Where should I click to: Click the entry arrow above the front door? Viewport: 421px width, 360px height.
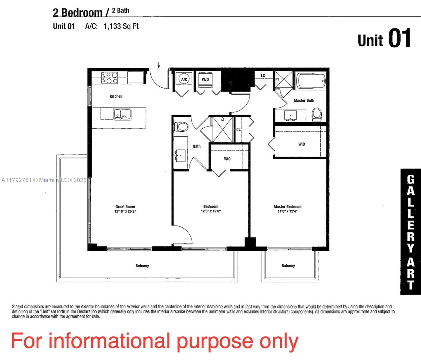[x=159, y=65]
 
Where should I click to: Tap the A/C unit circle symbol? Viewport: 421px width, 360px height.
[x=184, y=79]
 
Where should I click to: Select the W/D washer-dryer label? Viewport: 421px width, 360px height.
[x=205, y=79]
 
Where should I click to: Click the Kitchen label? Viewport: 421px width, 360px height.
[x=116, y=96]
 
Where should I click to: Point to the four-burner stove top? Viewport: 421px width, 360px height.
[x=110, y=78]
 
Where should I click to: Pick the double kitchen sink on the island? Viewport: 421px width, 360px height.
[x=122, y=114]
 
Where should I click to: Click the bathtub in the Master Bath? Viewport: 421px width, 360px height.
[x=311, y=81]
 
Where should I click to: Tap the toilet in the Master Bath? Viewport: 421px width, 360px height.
[x=317, y=115]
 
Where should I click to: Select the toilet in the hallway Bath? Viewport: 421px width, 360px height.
[x=181, y=127]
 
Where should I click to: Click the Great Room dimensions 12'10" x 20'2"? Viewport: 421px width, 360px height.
[x=125, y=211]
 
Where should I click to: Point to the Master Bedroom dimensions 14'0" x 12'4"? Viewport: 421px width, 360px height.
[x=287, y=211]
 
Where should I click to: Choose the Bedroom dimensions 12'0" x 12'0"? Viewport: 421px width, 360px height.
[x=211, y=211]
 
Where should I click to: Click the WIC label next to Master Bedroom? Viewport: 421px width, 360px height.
[x=302, y=144]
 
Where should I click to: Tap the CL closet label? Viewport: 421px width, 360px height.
[x=238, y=130]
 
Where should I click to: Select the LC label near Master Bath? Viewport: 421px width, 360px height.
[x=263, y=76]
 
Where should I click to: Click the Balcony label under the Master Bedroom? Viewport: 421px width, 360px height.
[x=288, y=265]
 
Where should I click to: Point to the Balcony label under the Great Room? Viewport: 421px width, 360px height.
[x=142, y=266]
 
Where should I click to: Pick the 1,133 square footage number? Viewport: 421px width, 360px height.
[x=113, y=26]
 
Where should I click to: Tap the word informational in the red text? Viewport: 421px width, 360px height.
[x=109, y=341]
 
